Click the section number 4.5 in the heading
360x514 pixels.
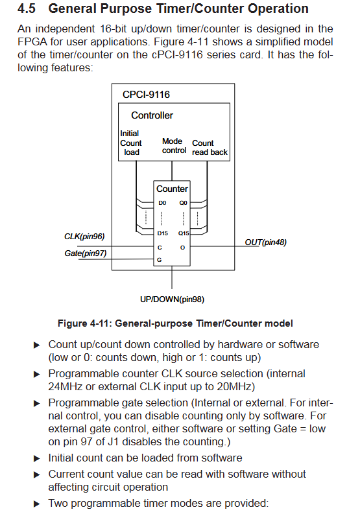(x=27, y=8)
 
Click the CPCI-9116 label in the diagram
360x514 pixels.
(x=146, y=95)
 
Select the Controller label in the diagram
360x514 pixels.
(x=152, y=115)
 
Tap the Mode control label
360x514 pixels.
(x=174, y=146)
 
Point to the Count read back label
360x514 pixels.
(x=210, y=148)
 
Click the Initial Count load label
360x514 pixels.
(x=130, y=143)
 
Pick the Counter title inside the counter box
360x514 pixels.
(x=172, y=189)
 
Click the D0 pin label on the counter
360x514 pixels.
(x=162, y=203)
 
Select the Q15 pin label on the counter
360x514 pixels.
(x=184, y=233)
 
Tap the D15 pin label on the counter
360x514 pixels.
(x=162, y=233)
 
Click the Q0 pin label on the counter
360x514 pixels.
(x=183, y=203)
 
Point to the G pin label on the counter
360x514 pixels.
(x=159, y=260)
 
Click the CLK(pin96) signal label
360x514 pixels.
(x=84, y=237)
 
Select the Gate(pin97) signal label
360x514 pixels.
(x=86, y=253)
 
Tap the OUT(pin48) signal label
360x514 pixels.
(x=265, y=242)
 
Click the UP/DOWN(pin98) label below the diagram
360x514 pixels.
(x=172, y=299)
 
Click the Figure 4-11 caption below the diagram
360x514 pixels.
(x=175, y=323)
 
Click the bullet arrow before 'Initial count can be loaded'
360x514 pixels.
(x=37, y=459)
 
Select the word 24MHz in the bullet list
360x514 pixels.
(x=65, y=387)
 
